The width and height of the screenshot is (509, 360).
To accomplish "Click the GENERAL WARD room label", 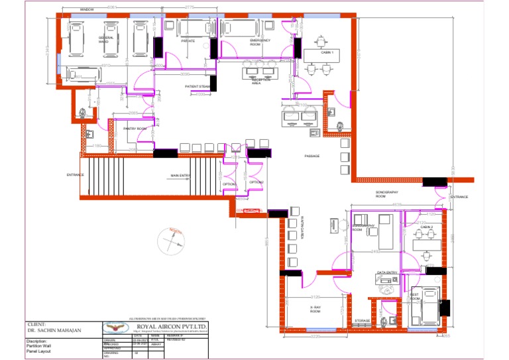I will click(x=106, y=40).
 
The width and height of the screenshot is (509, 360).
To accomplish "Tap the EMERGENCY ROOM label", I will click(x=260, y=42).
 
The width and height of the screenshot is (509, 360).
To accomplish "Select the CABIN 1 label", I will click(x=327, y=52).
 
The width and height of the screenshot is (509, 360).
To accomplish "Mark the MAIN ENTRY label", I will click(x=180, y=176).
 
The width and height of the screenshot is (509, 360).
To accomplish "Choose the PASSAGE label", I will click(x=311, y=156).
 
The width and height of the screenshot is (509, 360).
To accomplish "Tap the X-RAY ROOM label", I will click(x=315, y=309).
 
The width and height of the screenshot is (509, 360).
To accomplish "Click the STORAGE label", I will click(x=362, y=321).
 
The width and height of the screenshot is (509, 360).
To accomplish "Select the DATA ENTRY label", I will click(x=387, y=272).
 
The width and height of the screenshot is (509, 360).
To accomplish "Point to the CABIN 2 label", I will click(x=426, y=227).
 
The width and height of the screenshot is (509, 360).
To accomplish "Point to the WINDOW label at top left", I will click(x=87, y=10).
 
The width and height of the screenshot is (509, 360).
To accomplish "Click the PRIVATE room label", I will click(x=190, y=40).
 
